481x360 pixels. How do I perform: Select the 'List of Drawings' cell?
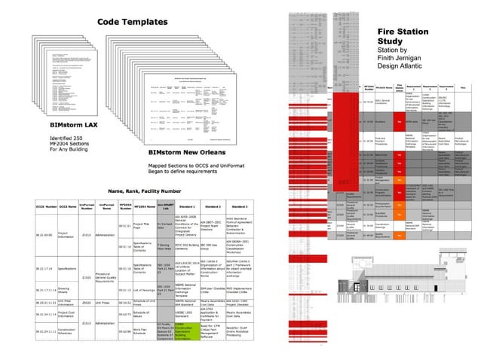point(143,289)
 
